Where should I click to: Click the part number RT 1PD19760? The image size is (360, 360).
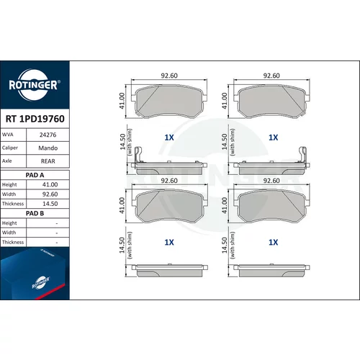pyautogui.click(x=35, y=119)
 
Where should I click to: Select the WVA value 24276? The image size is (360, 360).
pyautogui.click(x=48, y=135)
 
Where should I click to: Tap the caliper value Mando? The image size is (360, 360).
pyautogui.click(x=48, y=148)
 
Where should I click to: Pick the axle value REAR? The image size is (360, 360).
pyautogui.click(x=48, y=161)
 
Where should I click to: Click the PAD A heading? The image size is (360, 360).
pyautogui.click(x=35, y=175)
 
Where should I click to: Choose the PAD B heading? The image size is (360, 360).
pyautogui.click(x=35, y=213)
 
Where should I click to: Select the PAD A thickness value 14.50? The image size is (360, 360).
pyautogui.click(x=50, y=204)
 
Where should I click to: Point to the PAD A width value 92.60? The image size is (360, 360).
pyautogui.click(x=50, y=194)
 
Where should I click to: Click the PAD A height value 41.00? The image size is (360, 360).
pyautogui.click(x=50, y=184)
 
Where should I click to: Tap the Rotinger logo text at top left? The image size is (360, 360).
pyautogui.click(x=34, y=85)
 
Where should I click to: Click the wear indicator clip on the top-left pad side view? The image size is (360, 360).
pyautogui.click(x=138, y=155)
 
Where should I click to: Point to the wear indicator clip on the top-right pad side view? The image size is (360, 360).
pyautogui.click(x=302, y=155)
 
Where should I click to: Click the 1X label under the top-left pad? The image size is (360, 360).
pyautogui.click(x=169, y=138)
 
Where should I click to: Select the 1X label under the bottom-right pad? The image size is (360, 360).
pyautogui.click(x=273, y=243)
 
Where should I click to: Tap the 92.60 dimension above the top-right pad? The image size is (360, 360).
pyautogui.click(x=271, y=76)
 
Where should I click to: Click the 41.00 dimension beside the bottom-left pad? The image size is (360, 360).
pyautogui.click(x=122, y=205)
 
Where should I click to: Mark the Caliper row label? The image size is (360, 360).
pyautogui.click(x=10, y=148)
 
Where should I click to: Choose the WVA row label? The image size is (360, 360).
pyautogui.click(x=7, y=135)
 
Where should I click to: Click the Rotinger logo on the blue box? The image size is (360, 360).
pyautogui.click(x=41, y=283)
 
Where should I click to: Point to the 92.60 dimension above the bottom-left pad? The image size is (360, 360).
pyautogui.click(x=169, y=181)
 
